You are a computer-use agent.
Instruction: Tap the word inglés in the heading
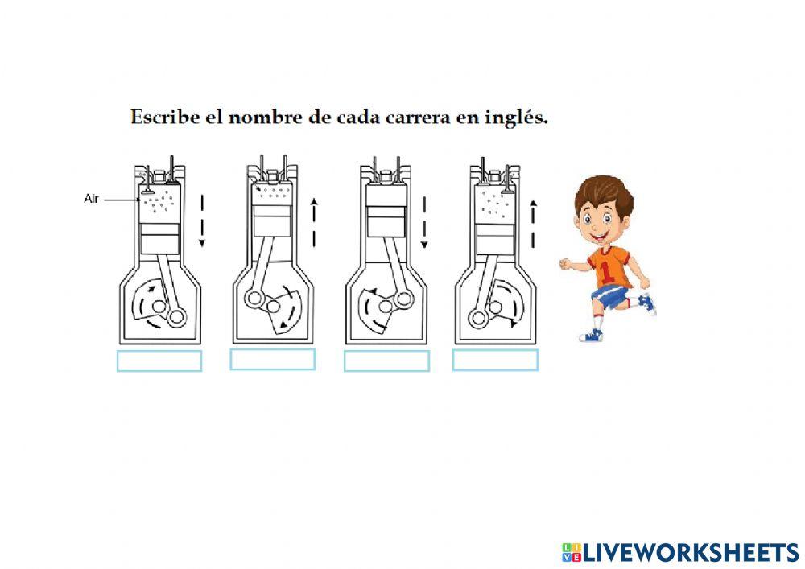tap(521, 118)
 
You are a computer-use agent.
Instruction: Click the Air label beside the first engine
tap(92, 199)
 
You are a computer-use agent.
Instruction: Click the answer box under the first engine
tap(159, 361)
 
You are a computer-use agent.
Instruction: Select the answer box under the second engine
tap(272, 360)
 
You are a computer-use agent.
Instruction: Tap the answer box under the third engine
tap(386, 361)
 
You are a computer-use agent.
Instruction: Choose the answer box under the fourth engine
tap(495, 361)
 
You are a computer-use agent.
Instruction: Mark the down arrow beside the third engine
tap(424, 221)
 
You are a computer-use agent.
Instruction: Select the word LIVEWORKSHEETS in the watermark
tap(691, 552)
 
